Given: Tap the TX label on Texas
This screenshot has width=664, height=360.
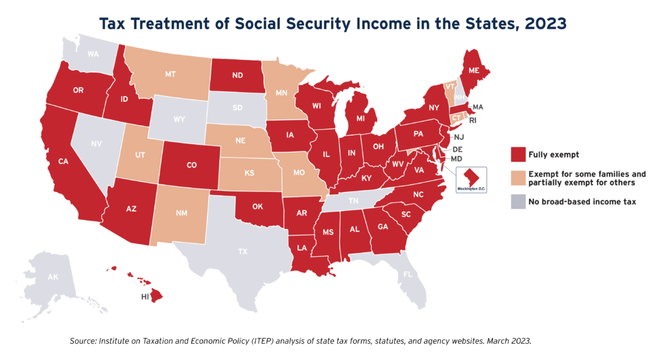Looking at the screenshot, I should [242, 251].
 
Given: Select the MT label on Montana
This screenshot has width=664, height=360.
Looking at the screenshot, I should [170, 75].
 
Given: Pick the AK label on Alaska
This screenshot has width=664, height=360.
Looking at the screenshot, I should [53, 277].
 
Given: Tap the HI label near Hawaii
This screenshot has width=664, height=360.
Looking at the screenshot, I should [146, 296].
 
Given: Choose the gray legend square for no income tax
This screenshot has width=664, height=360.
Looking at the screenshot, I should [517, 202].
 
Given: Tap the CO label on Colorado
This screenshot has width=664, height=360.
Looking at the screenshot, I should [191, 165].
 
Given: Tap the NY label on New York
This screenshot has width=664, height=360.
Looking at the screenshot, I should [434, 107].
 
